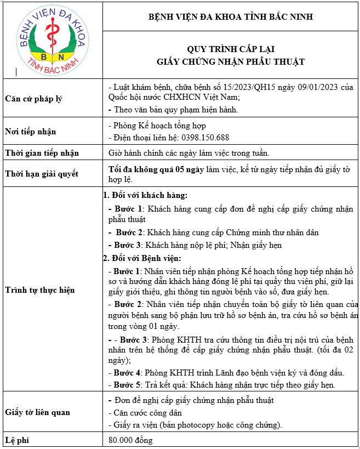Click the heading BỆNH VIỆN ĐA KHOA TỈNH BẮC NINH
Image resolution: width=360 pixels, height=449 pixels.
point(231,17)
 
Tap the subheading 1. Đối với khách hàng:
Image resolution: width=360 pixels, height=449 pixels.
point(146,195)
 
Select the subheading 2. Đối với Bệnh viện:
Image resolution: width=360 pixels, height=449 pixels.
point(142,258)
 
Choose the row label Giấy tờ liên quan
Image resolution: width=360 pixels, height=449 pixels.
point(37,412)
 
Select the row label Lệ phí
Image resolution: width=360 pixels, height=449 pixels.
point(18,440)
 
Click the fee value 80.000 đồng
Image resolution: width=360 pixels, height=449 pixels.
point(130,440)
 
